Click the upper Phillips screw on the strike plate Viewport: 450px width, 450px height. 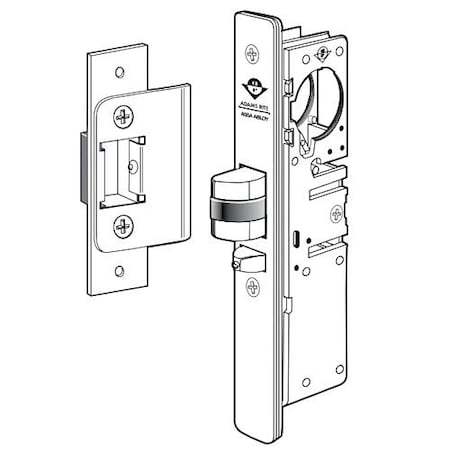[125, 115]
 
